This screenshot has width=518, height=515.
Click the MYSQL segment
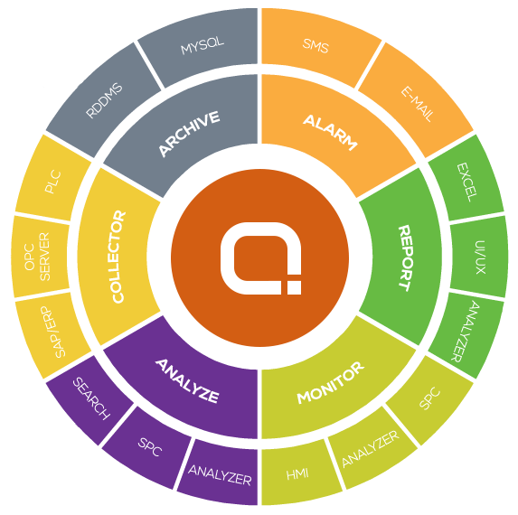pyautogui.click(x=202, y=45)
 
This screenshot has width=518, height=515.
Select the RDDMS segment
pyautogui.click(x=104, y=100)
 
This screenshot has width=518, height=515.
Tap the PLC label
pyautogui.click(x=52, y=182)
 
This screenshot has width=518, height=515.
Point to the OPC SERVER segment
pyautogui.click(x=41, y=257)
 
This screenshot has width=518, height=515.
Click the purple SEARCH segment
pyautogui.click(x=90, y=398)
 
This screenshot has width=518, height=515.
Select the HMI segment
pyautogui.click(x=297, y=474)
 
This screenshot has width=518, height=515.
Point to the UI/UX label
pyautogui.click(x=480, y=257)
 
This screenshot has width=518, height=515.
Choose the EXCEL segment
pyautogui.click(x=466, y=182)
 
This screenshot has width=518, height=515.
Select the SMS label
pyautogui.click(x=316, y=45)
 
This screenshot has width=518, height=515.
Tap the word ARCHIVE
pyautogui.click(x=189, y=134)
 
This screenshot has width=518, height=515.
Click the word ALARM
pyautogui.click(x=330, y=133)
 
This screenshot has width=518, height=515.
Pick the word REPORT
pyautogui.click(x=405, y=258)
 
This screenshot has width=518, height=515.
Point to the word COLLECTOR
pyautogui.click(x=118, y=257)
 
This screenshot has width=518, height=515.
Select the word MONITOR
pyautogui.click(x=330, y=382)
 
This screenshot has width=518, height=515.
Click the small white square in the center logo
pyautogui.click(x=294, y=287)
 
